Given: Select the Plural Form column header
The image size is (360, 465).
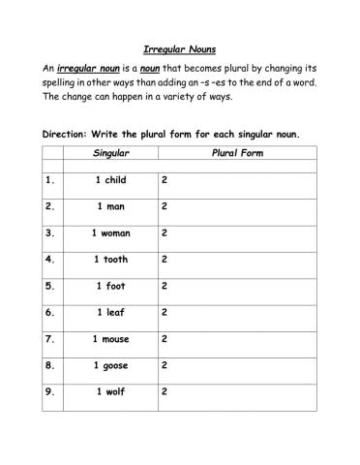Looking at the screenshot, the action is [x=238, y=154].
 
